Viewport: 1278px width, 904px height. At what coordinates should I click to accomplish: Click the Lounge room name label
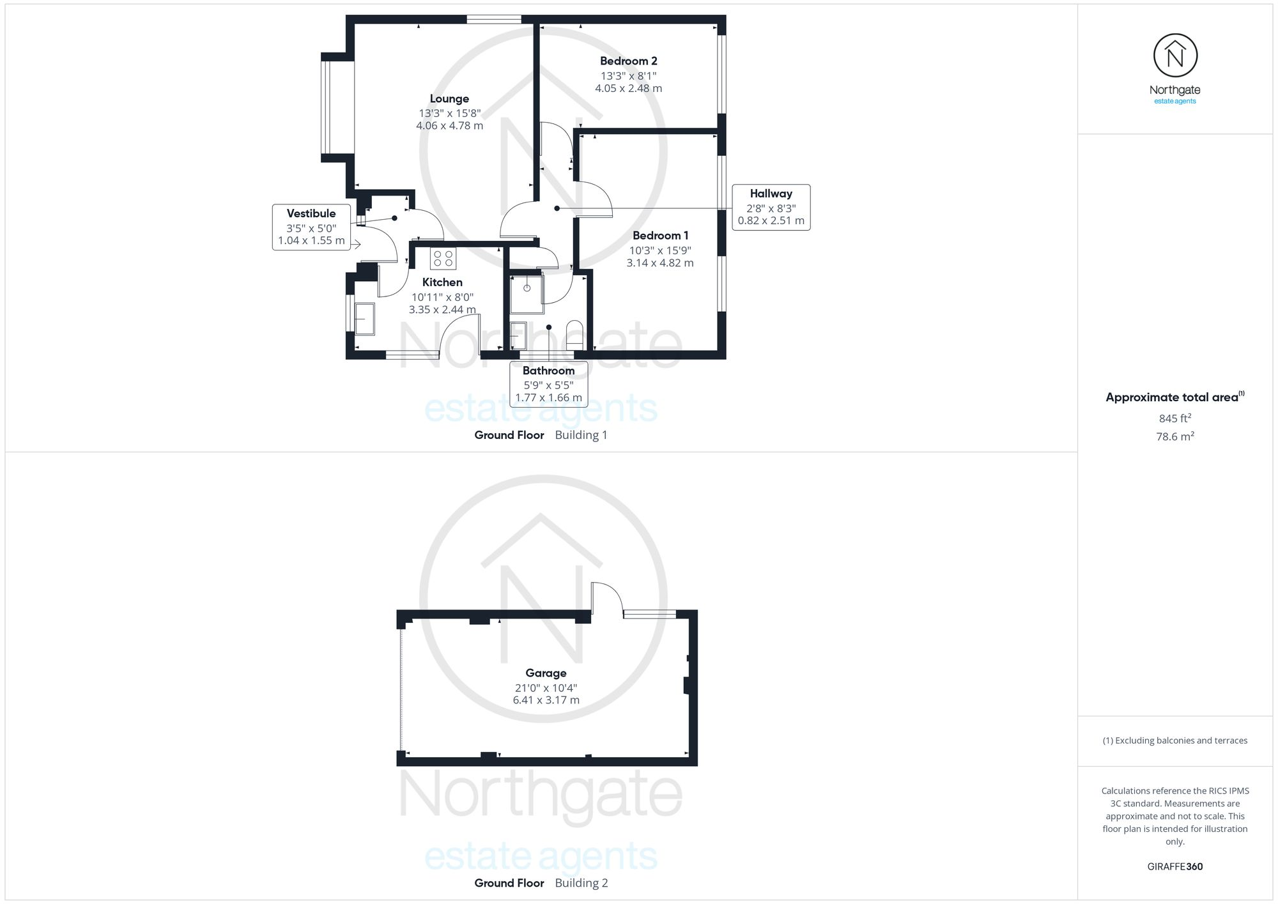click(x=449, y=99)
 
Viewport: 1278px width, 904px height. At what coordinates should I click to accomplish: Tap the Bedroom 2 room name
click(x=628, y=61)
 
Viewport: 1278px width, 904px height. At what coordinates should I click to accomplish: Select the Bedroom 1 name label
click(x=660, y=236)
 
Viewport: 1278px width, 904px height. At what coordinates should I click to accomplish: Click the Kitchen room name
click(x=442, y=282)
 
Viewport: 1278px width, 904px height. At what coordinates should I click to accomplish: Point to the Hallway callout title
click(x=771, y=194)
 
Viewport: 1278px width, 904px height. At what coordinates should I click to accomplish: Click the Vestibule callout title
click(x=311, y=213)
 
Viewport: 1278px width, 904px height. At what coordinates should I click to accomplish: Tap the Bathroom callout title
click(x=548, y=371)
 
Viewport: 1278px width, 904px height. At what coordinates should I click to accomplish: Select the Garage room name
click(x=546, y=673)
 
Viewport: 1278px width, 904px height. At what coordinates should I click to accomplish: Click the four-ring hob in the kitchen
click(x=443, y=259)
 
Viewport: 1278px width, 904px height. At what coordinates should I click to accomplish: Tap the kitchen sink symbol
click(x=364, y=319)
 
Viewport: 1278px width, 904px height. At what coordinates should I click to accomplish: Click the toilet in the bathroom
click(x=574, y=334)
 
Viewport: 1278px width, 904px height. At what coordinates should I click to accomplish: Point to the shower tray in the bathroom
click(x=527, y=294)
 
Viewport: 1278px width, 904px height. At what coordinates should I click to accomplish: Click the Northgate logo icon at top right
click(x=1174, y=56)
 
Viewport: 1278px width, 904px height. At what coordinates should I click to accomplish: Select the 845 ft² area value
click(x=1174, y=418)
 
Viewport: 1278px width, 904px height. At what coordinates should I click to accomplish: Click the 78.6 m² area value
click(x=1174, y=437)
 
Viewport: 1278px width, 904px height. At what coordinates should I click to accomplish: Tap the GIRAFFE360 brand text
click(x=1174, y=867)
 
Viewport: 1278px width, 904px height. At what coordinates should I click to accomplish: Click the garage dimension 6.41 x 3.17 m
click(x=546, y=700)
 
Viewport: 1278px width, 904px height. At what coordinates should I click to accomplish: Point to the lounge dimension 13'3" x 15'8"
click(x=449, y=114)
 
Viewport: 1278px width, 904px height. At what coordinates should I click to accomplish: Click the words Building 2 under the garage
click(x=581, y=883)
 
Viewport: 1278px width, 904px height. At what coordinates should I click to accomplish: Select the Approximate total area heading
click(x=1171, y=397)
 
